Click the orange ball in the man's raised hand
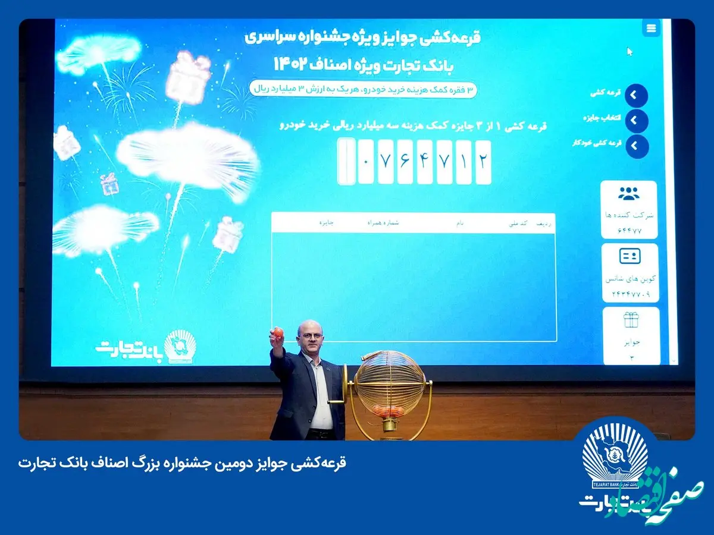[278, 332]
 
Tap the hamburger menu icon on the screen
[652, 28]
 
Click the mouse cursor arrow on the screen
[630, 51]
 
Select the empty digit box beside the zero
[346, 161]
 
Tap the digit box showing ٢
[483, 161]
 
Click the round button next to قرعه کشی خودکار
[636, 146]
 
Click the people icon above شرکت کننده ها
[629, 194]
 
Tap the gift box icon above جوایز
[631, 320]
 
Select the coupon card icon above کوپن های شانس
[630, 256]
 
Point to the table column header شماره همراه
[386, 224]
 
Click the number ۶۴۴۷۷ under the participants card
[629, 231]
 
